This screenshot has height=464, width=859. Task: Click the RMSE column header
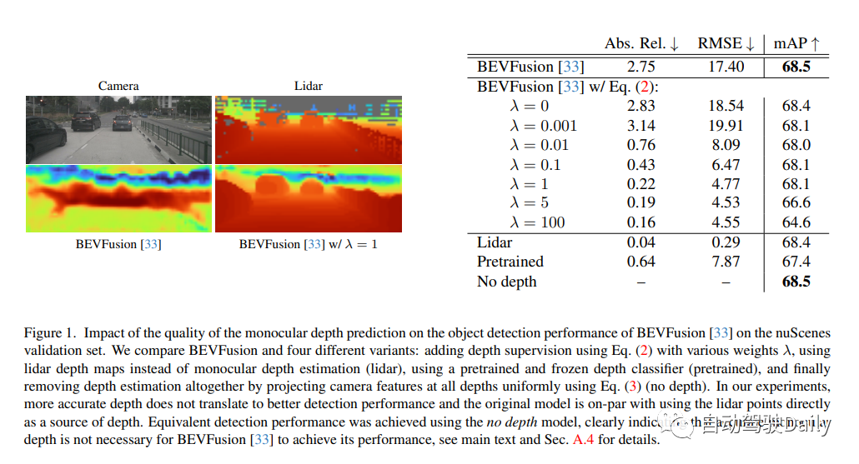[x=726, y=43]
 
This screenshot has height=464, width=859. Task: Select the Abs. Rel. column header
[x=641, y=43]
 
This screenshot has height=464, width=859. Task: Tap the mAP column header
[x=796, y=43]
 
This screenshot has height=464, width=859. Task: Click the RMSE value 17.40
[x=726, y=67]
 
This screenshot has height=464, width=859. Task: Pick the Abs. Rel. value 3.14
[x=640, y=126]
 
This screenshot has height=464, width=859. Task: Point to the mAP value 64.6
[x=796, y=222]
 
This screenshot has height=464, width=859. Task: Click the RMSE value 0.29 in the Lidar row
[x=726, y=242]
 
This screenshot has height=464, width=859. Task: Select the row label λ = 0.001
[x=543, y=126]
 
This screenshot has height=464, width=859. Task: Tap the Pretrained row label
[x=510, y=262]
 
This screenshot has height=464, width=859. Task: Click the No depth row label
[x=506, y=282]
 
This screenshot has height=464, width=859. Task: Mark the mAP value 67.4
[x=796, y=262]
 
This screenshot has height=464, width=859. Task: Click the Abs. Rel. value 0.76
[x=640, y=145]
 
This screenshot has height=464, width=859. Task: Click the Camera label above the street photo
[x=118, y=86]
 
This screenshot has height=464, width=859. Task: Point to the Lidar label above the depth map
[x=308, y=86]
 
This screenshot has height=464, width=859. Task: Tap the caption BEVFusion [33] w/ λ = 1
[x=308, y=244]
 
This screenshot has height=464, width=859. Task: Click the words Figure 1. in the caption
[x=52, y=333]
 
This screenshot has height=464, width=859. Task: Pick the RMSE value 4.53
[x=726, y=203]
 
